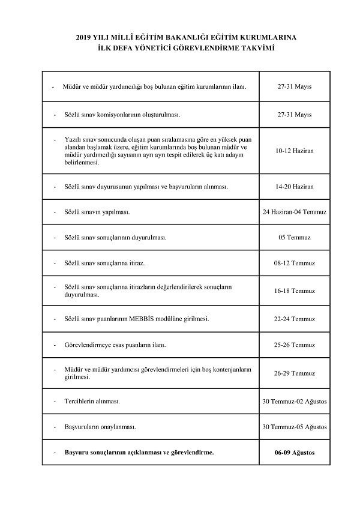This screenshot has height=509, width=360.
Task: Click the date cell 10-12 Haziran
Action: tap(294, 151)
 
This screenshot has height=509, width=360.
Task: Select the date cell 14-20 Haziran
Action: tap(294, 187)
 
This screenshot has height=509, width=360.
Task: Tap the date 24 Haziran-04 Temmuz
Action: tap(294, 212)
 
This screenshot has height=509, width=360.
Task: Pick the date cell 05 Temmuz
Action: tap(294, 238)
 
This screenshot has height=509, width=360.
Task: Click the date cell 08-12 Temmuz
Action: tap(294, 264)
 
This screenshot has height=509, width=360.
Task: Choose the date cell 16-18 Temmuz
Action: tap(294, 291)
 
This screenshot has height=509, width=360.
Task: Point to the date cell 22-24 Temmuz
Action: tap(294, 318)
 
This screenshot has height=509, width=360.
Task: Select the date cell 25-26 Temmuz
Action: tap(294, 345)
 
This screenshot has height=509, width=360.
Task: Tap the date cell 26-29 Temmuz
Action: tap(294, 373)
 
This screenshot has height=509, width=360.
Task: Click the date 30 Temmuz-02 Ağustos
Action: tap(294, 400)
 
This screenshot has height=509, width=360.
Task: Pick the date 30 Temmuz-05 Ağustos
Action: tap(294, 427)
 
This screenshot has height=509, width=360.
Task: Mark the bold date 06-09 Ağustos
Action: tap(294, 452)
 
